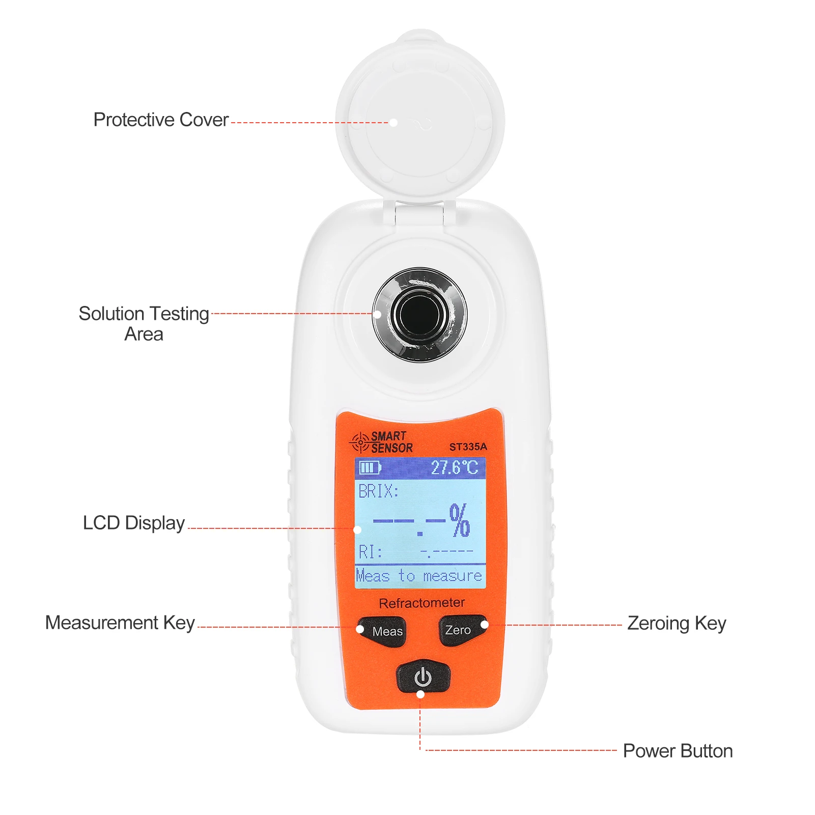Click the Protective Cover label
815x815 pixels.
(161, 120)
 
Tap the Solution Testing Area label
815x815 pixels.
(144, 323)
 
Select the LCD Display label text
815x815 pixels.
(133, 523)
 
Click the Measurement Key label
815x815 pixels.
(120, 623)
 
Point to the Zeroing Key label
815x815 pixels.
(676, 623)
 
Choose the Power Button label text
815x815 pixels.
(678, 751)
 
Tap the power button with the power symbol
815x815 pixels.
(423, 677)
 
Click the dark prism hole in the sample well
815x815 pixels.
(420, 314)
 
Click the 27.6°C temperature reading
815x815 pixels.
(454, 467)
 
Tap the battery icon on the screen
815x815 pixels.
(370, 467)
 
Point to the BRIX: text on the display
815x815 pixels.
(378, 491)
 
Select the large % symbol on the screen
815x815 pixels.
(460, 520)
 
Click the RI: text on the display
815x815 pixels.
(370, 552)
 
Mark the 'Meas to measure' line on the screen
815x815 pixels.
(419, 576)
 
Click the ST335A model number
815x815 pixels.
(468, 447)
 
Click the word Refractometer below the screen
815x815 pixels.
(421, 603)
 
